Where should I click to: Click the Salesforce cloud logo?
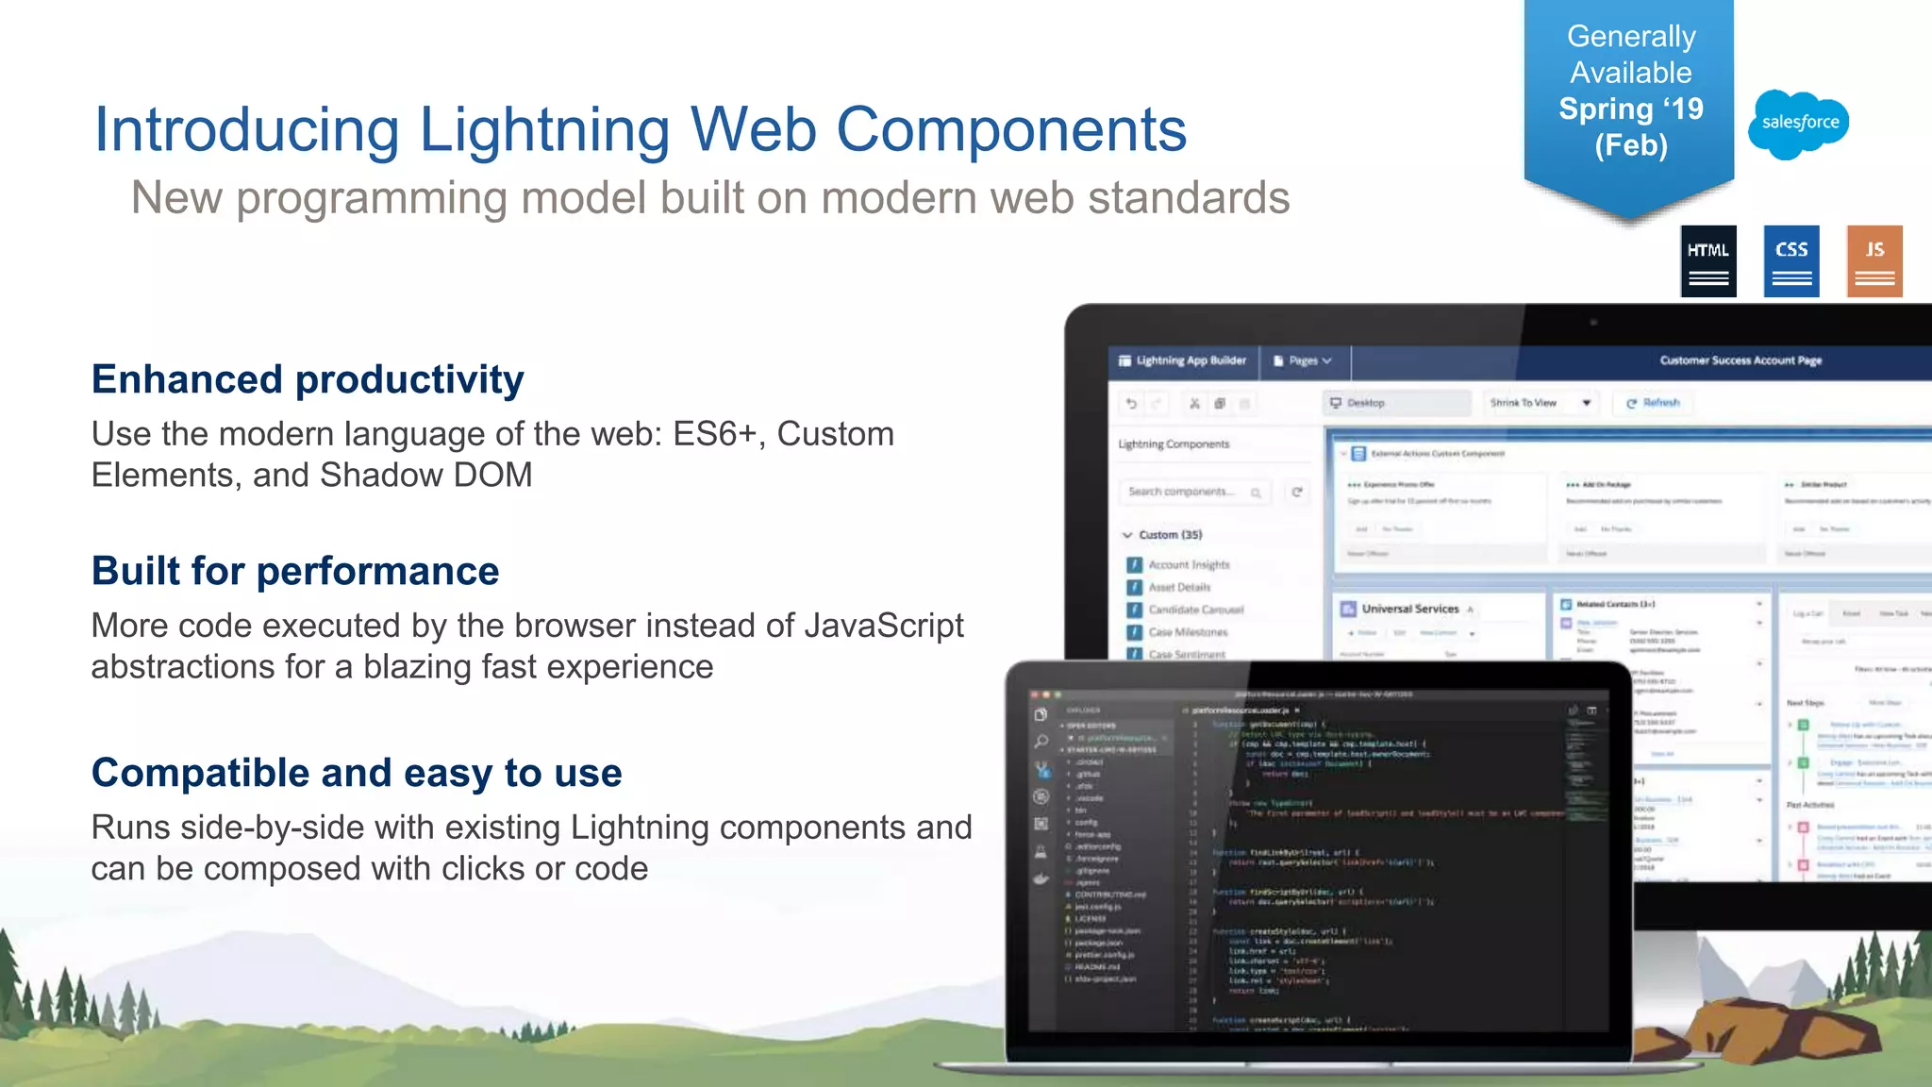[x=1799, y=124]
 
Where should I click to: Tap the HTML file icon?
[x=1707, y=261]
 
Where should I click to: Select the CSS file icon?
[x=1790, y=261]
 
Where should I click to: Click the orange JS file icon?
[x=1874, y=261]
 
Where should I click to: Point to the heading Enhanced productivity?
[x=308, y=379]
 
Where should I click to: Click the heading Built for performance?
[x=295, y=571]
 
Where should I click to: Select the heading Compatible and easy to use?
[x=357, y=773]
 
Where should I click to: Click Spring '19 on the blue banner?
[x=1630, y=109]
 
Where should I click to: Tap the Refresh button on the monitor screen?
[x=1653, y=403]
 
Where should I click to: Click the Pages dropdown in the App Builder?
[x=1303, y=360]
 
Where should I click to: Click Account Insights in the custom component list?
[x=1188, y=564]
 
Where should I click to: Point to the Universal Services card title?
[x=1409, y=609]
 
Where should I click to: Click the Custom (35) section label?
[x=1170, y=535]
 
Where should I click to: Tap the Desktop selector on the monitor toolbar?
[x=1365, y=403]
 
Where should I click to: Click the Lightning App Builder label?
[x=1190, y=360]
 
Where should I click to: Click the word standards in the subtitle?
[x=1188, y=198]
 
